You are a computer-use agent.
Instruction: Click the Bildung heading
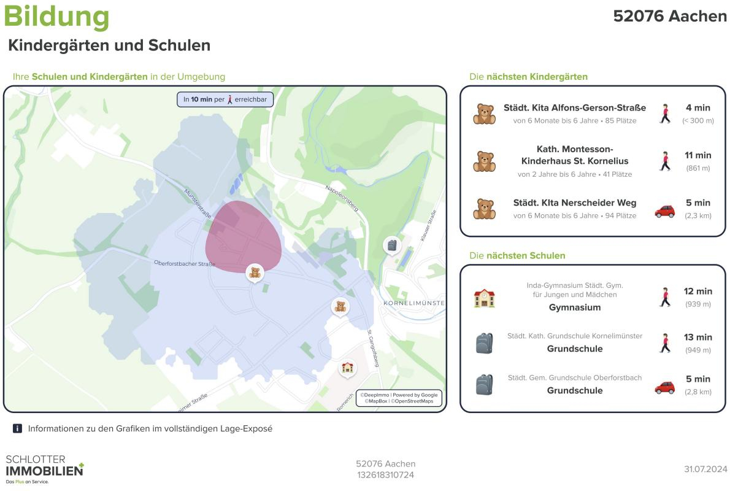56,17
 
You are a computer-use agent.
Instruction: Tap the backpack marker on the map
392,245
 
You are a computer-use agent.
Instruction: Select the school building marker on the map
348,368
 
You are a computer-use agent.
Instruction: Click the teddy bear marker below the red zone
255,273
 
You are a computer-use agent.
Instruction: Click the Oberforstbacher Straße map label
184,264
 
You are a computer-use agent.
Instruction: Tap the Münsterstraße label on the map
198,203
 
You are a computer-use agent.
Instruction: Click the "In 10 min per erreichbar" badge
225,99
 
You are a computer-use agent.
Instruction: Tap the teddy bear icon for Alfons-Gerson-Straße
484,114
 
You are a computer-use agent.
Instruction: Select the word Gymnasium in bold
574,307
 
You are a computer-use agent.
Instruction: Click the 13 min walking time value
698,337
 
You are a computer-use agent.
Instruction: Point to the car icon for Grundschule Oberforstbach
664,387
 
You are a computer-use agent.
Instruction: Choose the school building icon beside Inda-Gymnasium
484,298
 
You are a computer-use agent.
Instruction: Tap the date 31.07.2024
705,470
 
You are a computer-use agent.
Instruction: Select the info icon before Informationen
17,428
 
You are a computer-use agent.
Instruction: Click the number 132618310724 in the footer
385,475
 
